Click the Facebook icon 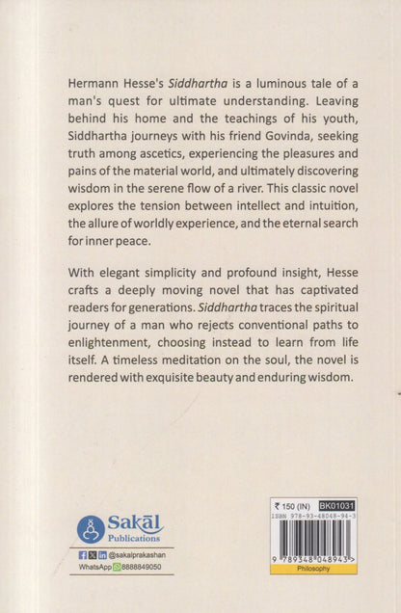[83, 556]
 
